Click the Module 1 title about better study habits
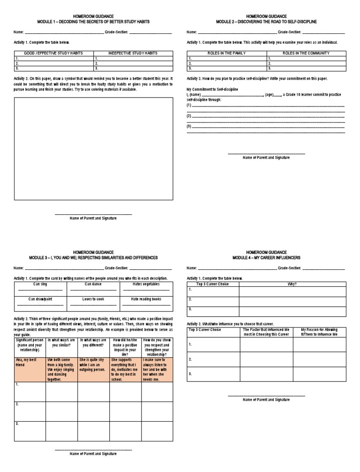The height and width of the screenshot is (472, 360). pyautogui.click(x=93, y=22)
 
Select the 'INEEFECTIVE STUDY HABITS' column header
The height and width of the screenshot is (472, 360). pyautogui.click(x=133, y=53)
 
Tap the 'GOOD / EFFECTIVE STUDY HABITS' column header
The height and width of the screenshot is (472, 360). pyautogui.click(x=53, y=53)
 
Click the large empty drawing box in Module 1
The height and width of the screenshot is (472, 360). pyautogui.click(x=93, y=148)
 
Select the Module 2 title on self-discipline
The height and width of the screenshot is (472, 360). pyautogui.click(x=266, y=22)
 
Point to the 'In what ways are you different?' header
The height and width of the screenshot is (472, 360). pyautogui.click(x=93, y=343)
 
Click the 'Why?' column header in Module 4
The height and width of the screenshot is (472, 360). pyautogui.click(x=292, y=284)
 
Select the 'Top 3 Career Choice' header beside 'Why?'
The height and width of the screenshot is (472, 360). pyautogui.click(x=213, y=284)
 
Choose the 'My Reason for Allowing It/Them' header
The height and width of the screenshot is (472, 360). pyautogui.click(x=319, y=332)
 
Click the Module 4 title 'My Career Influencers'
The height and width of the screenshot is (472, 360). pyautogui.click(x=266, y=258)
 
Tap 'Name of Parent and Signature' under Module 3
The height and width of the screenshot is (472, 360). pyautogui.click(x=93, y=454)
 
